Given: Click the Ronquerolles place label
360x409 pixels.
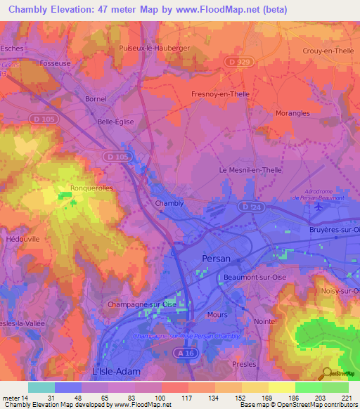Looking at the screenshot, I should point(91,188).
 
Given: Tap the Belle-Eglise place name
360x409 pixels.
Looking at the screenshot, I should point(115,121).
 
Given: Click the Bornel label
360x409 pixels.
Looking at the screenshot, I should point(95,99).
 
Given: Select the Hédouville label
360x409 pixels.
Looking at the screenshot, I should point(23,239).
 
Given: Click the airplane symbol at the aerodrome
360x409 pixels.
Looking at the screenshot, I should point(321,207).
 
